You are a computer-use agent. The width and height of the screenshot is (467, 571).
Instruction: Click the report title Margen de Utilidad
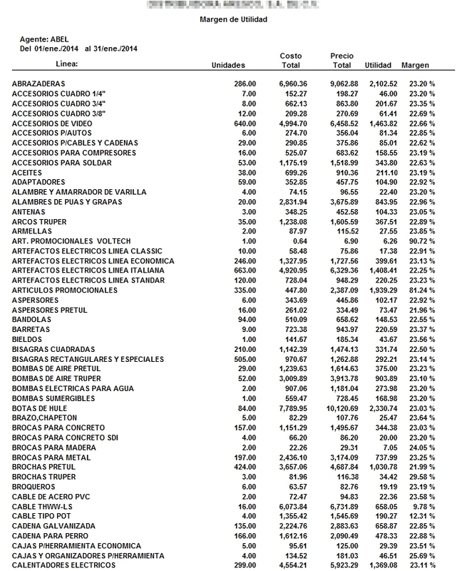click(233, 20)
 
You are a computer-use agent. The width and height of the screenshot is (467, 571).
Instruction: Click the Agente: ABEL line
click(46, 39)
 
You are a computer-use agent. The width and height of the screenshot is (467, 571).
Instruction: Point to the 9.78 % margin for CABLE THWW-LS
click(421, 505)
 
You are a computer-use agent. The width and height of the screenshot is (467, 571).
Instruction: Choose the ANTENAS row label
click(29, 211)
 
